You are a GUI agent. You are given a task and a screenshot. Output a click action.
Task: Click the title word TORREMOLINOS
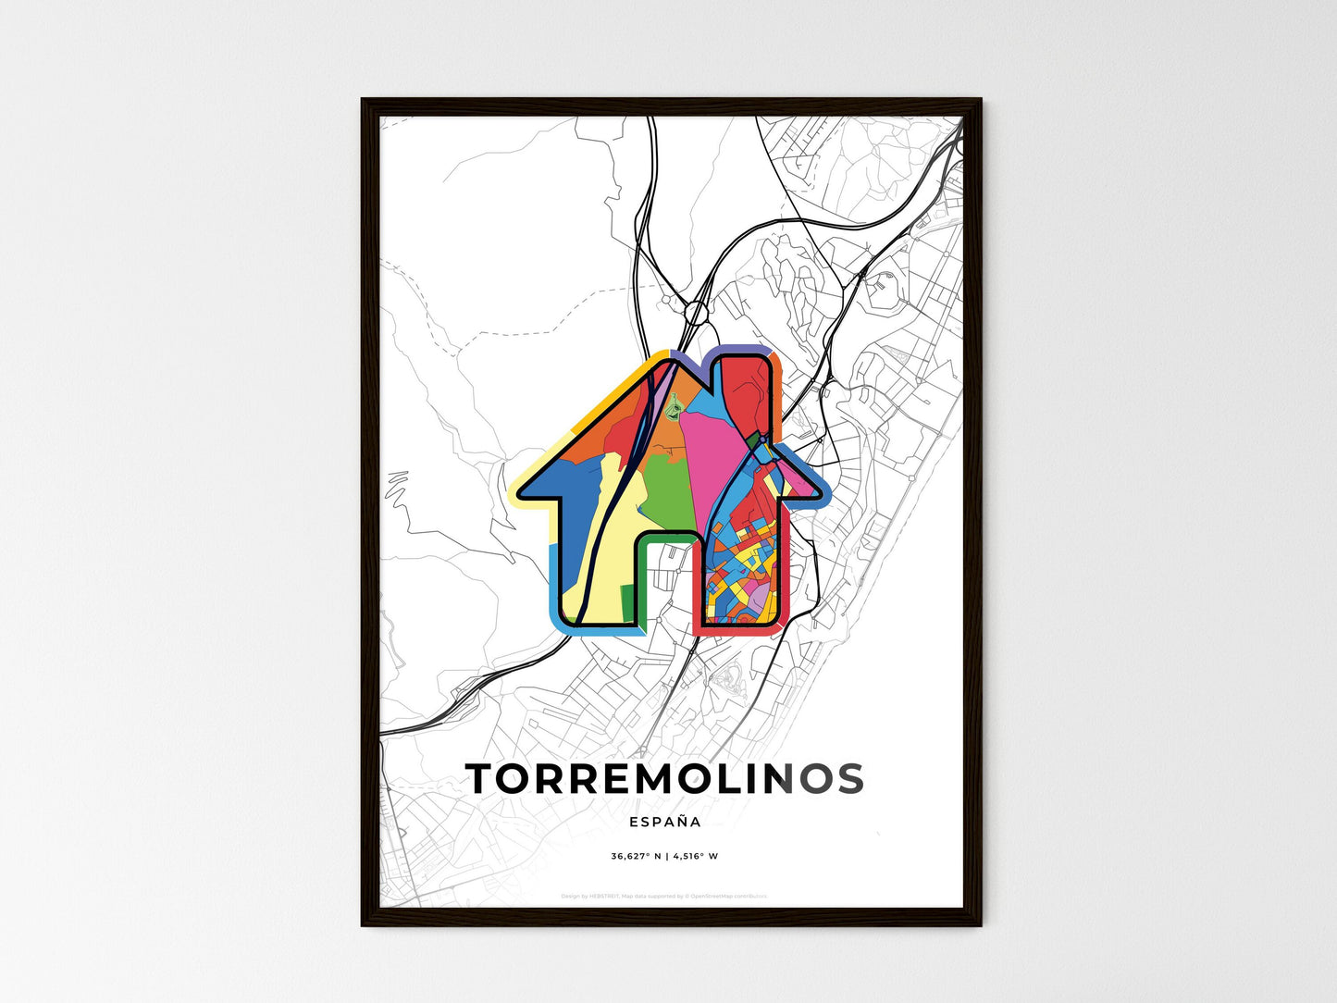click(x=664, y=779)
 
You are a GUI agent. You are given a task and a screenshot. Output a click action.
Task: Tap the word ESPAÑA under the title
click(x=664, y=822)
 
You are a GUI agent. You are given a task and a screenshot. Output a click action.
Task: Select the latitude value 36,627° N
click(x=636, y=856)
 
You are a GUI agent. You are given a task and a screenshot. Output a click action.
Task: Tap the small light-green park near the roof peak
click(x=676, y=402)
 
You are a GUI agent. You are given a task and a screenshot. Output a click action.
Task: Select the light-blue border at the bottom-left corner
click(x=555, y=601)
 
